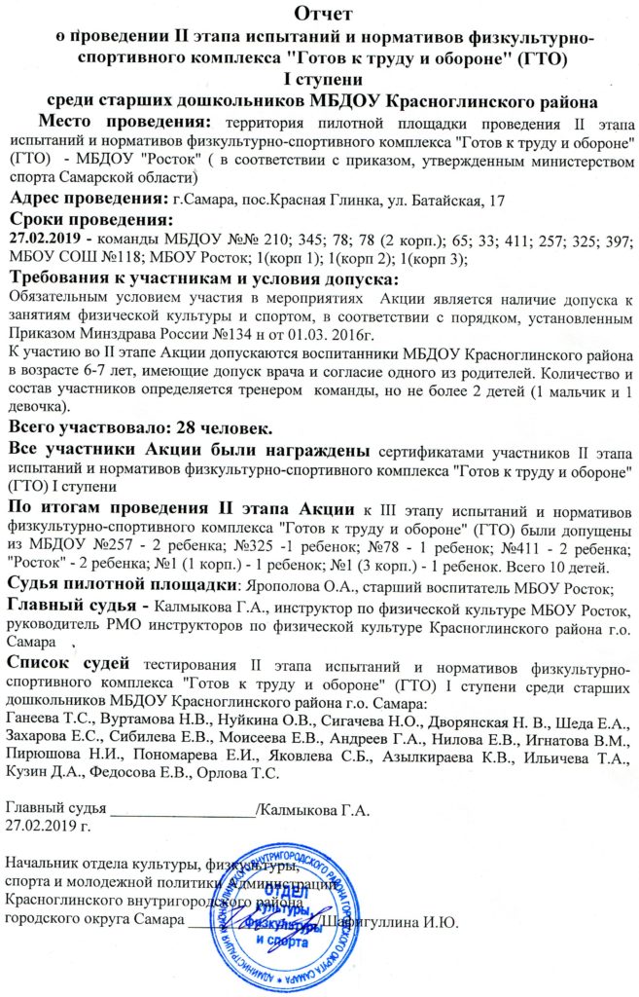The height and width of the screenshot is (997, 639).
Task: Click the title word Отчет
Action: pos(319,13)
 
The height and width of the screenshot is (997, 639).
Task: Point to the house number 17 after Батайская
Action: pos(496,201)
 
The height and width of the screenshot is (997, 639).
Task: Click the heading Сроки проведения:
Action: pos(89,220)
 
